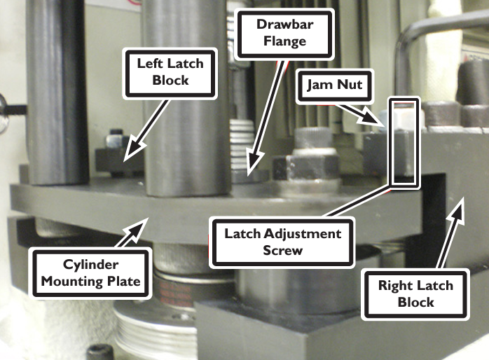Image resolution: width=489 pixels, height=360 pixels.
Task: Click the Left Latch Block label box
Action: [170, 74]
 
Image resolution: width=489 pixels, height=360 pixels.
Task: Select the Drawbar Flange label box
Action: [284, 34]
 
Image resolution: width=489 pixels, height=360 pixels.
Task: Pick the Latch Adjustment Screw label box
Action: [282, 242]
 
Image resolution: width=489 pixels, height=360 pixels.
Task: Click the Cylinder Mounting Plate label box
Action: [90, 273]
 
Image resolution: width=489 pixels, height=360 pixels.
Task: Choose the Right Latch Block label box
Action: [415, 294]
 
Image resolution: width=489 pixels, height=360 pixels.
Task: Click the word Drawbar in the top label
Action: [284, 25]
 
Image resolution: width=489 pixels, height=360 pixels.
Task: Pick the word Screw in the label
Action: [282, 251]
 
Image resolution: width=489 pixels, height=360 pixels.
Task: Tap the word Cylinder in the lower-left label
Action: [90, 265]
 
